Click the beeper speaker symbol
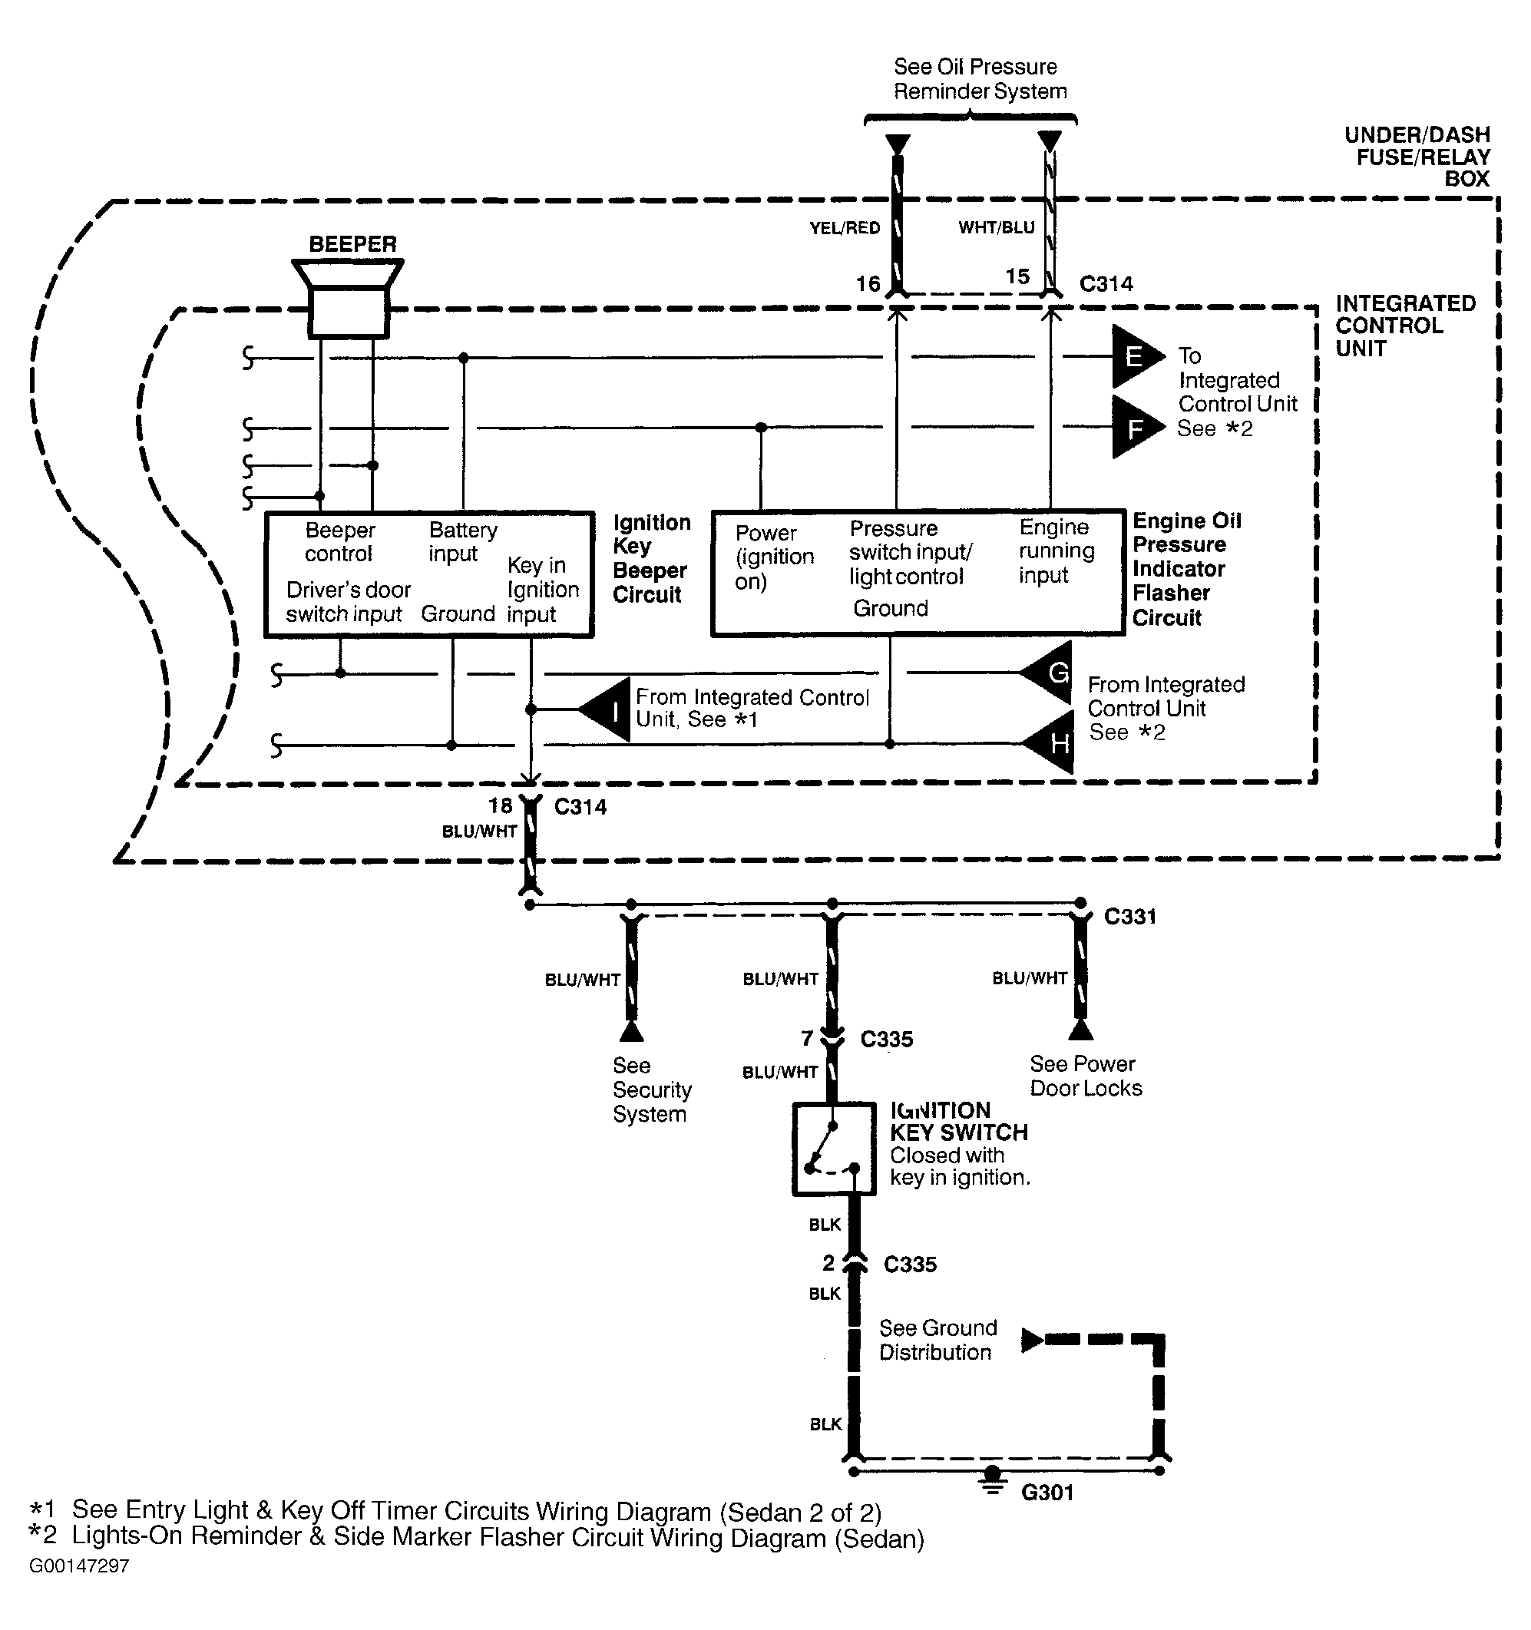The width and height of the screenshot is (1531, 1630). pyautogui.click(x=349, y=299)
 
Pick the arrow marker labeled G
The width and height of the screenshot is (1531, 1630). pyautogui.click(x=1046, y=673)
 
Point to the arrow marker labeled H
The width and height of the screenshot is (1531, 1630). pyautogui.click(x=1047, y=743)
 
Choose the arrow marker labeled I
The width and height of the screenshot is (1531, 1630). pyautogui.click(x=605, y=709)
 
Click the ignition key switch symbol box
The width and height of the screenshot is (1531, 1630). pyautogui.click(x=834, y=1149)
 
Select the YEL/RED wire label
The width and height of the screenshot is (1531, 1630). pyautogui.click(x=845, y=228)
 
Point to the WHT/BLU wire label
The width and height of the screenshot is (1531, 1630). pyautogui.click(x=997, y=227)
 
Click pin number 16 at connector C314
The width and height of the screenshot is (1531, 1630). pyautogui.click(x=868, y=285)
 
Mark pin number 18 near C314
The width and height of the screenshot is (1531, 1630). pyautogui.click(x=500, y=806)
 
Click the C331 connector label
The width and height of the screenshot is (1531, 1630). pyautogui.click(x=1130, y=916)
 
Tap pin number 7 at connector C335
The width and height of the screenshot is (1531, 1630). pyautogui.click(x=807, y=1039)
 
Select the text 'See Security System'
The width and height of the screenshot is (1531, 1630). pyautogui.click(x=652, y=1089)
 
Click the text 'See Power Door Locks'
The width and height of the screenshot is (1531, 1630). pyautogui.click(x=1086, y=1076)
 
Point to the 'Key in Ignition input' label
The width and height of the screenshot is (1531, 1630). pyautogui.click(x=543, y=590)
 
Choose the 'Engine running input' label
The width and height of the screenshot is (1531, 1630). pyautogui.click(x=1056, y=551)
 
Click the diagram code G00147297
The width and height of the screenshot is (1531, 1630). pyautogui.click(x=80, y=1566)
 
